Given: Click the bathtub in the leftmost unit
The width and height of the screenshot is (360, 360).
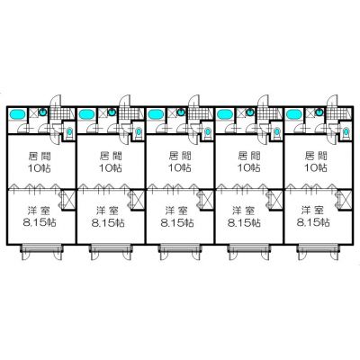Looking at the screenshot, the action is pos(17,114).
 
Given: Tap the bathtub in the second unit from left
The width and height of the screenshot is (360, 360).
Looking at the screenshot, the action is pos(86,114).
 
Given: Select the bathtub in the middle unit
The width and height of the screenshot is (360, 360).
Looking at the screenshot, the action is pos(156,114).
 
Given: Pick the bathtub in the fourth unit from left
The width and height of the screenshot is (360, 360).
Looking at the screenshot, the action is pos(225,114).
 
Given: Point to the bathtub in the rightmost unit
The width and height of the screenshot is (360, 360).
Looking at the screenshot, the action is pos(294,114).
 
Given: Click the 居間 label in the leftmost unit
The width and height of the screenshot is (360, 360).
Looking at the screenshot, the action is pos(40,156).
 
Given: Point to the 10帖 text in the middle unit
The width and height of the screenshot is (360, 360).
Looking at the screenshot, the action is pos(180,167).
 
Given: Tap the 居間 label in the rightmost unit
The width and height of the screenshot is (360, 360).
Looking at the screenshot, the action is pos(316,156).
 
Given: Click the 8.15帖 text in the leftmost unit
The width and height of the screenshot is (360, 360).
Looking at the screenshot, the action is pos(39,222).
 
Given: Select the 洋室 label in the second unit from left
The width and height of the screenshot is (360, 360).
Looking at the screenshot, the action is pos(108,211).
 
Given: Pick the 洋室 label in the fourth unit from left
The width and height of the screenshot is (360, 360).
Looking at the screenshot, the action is pos(244,211).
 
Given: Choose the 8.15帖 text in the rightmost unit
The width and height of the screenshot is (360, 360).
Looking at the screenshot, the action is pos(313,222).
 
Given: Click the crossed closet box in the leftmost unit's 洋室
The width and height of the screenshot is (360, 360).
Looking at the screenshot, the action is pos(69,200).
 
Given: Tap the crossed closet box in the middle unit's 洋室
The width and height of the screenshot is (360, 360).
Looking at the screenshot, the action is pos(208,200).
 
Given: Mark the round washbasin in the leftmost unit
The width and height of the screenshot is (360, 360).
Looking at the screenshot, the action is pos(43,112).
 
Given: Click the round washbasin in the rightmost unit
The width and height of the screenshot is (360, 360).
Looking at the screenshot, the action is pos(319,112).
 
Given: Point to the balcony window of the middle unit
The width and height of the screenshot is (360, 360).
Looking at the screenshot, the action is pos(180,248).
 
